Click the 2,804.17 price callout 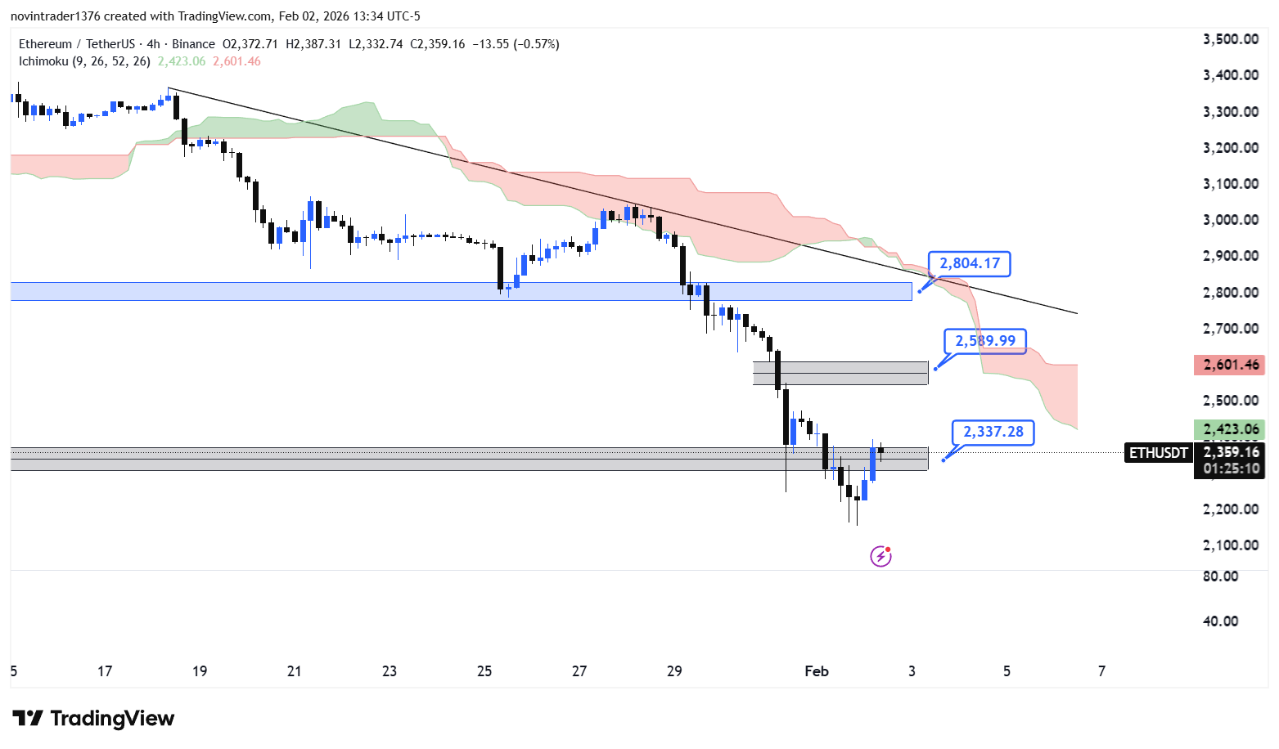coord(970,264)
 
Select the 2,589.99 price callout coord(985,341)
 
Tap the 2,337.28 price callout coord(993,433)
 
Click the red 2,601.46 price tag coord(1230,365)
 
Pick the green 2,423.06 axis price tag coord(1230,429)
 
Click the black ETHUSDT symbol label coord(1159,453)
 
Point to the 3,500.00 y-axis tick coord(1230,39)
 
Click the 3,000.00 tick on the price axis coord(1230,220)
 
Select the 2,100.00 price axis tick coord(1230,545)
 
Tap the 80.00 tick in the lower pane coord(1220,576)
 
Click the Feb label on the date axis coord(817,671)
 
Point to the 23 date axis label coord(390,671)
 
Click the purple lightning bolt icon coord(880,557)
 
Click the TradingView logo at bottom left coord(93,719)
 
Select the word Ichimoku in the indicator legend coord(44,61)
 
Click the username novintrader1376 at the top coord(56,16)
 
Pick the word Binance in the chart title coord(194,44)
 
